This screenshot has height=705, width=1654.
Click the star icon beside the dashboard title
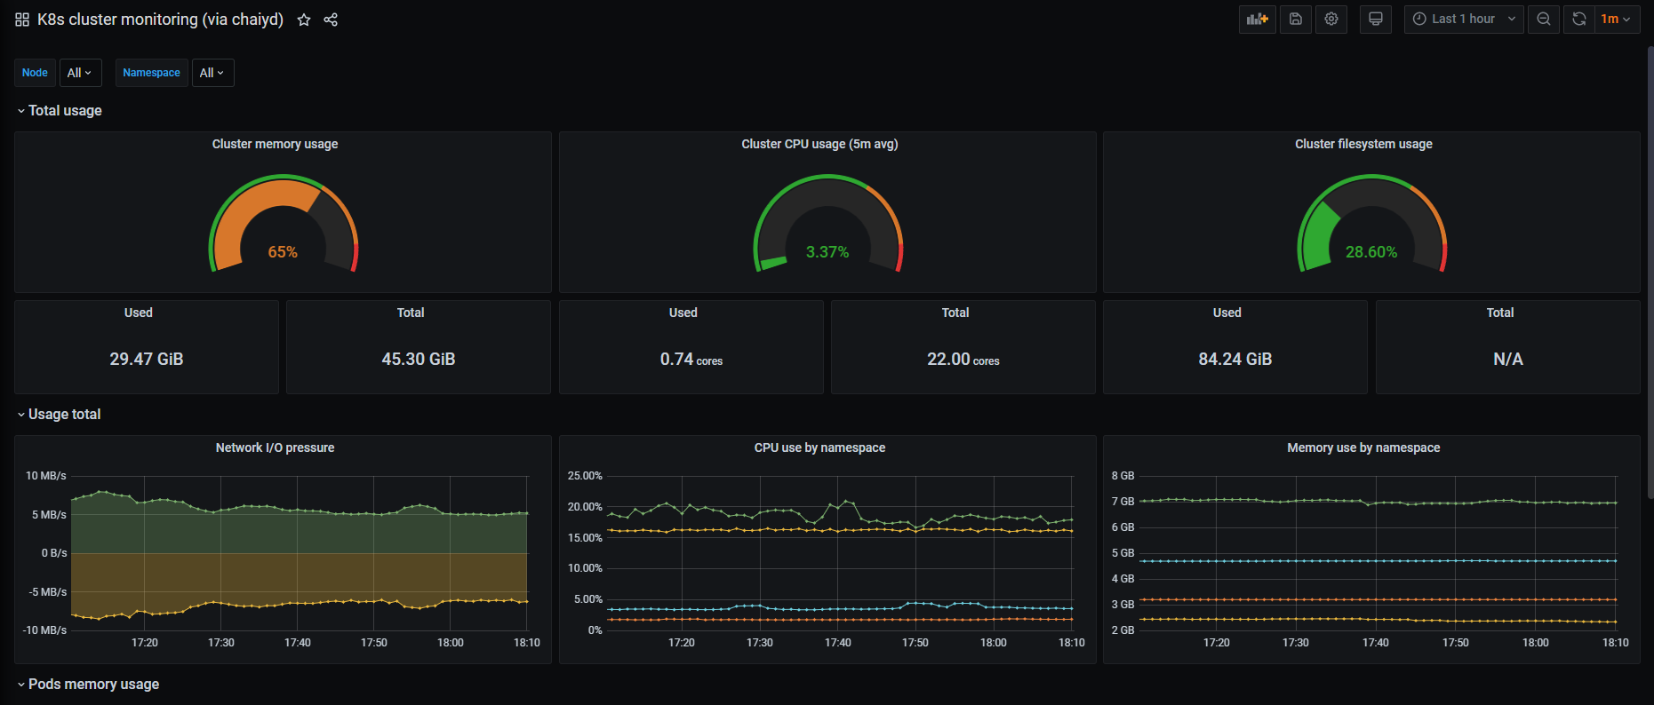(x=304, y=20)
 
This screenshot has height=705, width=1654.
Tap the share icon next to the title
(x=331, y=20)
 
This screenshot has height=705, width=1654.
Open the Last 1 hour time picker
(x=1463, y=19)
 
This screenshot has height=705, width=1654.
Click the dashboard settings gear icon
(x=1331, y=19)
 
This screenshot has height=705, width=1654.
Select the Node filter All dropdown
(x=80, y=73)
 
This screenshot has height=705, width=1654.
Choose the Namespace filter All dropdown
(x=212, y=73)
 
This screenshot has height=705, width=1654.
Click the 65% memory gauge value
(x=283, y=252)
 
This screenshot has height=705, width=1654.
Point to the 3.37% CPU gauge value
(x=827, y=252)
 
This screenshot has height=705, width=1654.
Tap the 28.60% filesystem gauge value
(x=1371, y=252)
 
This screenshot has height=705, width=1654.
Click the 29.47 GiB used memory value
(x=147, y=359)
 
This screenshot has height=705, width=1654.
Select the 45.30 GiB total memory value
(x=419, y=359)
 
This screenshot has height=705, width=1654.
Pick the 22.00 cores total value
(x=963, y=359)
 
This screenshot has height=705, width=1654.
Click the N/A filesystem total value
(x=1508, y=359)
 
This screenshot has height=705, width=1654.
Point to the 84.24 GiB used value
(x=1235, y=359)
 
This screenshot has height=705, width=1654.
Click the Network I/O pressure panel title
(x=276, y=448)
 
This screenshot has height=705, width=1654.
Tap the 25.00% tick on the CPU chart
(x=585, y=476)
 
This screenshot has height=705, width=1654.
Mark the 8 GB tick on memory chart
(x=1123, y=476)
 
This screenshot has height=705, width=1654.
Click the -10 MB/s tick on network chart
(x=45, y=630)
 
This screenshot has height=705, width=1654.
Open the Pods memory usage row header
(x=93, y=684)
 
